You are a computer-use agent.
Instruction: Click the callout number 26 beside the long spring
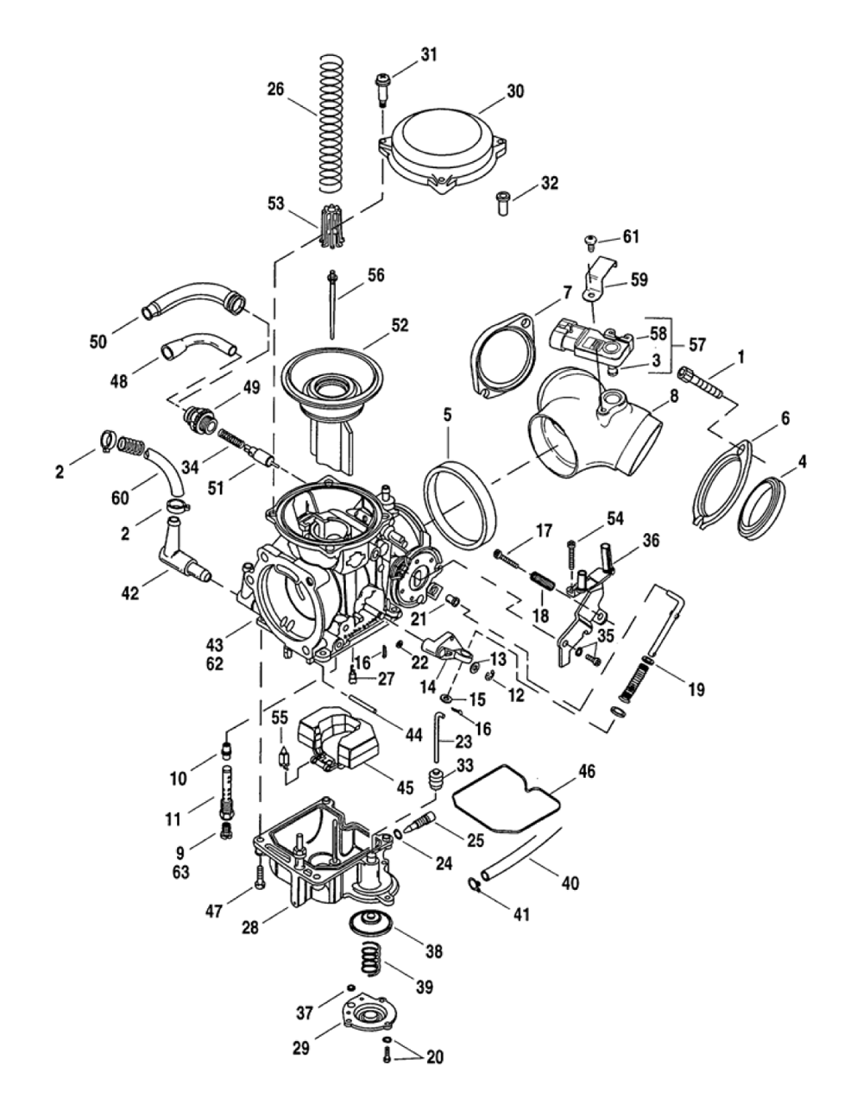click(275, 88)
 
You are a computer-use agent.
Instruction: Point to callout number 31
click(429, 54)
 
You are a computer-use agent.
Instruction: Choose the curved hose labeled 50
click(194, 302)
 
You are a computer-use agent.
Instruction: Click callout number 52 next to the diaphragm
click(399, 325)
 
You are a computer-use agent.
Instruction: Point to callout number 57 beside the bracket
click(696, 345)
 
